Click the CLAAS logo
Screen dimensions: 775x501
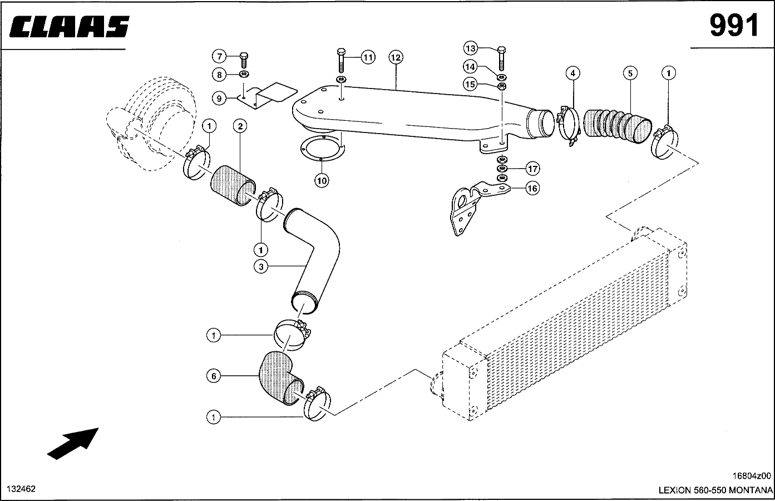coord(69,26)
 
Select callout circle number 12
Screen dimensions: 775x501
coord(396,57)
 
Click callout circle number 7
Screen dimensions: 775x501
coord(219,56)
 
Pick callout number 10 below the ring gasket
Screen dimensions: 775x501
coord(322,180)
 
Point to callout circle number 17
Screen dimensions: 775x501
coord(532,169)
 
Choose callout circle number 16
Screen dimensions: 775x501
coord(532,188)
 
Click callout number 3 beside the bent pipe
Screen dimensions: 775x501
coord(261,267)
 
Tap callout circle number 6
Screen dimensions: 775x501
coord(214,376)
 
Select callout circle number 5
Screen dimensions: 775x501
coord(630,73)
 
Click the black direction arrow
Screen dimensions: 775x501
coord(73,444)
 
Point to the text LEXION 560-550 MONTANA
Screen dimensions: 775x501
coord(715,490)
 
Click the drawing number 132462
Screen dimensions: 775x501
coord(21,489)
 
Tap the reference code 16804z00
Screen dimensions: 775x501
coord(752,476)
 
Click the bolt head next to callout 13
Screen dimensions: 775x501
coord(501,50)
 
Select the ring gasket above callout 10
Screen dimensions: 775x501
coord(323,149)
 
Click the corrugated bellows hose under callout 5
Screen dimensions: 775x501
coord(618,126)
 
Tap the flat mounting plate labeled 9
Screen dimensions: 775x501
coord(267,96)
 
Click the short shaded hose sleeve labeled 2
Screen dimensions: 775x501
coord(233,186)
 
